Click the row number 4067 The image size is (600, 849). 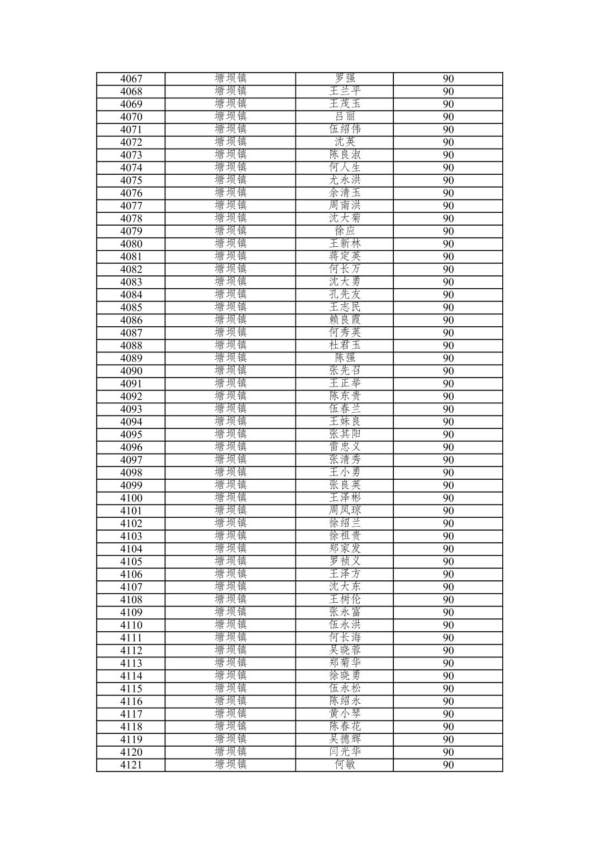tap(131, 79)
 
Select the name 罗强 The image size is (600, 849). tap(345, 79)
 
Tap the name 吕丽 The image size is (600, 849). tap(345, 117)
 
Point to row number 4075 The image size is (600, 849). tap(131, 180)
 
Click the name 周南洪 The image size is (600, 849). tap(345, 206)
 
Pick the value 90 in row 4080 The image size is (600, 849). tap(448, 244)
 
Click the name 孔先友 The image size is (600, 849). tap(345, 295)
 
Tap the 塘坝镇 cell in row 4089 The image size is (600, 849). tap(230, 358)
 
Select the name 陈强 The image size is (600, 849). tap(345, 358)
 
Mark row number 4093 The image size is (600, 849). tap(131, 409)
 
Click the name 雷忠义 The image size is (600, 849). tap(345, 447)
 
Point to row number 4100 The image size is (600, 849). tap(131, 498)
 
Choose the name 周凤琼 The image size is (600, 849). tap(345, 511)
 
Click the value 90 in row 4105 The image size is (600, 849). tap(448, 561)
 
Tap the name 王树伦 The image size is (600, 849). tap(345, 599)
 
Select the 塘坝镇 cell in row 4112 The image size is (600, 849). tap(230, 650)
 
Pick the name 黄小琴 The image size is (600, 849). tap(345, 714)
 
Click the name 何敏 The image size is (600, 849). tap(345, 765)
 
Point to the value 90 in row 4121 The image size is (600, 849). tap(448, 765)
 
